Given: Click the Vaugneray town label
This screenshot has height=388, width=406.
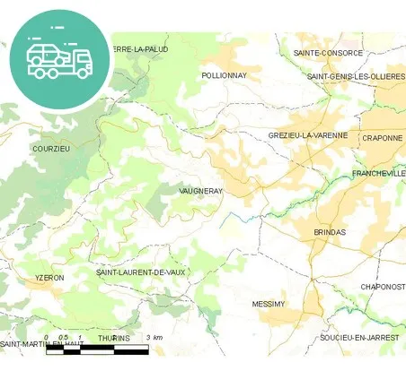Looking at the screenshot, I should [200, 191].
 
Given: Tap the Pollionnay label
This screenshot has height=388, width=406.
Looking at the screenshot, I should [224, 75].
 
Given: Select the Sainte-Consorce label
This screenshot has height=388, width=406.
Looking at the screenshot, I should [328, 53].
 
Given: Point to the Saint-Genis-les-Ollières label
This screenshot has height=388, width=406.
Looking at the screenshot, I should [356, 76].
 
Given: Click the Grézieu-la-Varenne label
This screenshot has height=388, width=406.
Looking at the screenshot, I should [307, 135].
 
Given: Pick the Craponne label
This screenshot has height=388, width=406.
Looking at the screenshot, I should [382, 138].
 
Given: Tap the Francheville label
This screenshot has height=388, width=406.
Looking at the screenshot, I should [378, 173].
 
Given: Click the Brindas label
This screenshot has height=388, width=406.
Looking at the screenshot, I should [329, 232].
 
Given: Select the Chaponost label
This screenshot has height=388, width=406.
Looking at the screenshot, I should [383, 287].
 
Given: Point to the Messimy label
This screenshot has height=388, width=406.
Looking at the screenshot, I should [268, 305].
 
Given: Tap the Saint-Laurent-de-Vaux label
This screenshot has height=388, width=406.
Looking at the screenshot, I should [140, 272].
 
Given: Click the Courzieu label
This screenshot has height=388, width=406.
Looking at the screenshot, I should [50, 149].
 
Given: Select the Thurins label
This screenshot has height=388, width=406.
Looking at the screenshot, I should [113, 338].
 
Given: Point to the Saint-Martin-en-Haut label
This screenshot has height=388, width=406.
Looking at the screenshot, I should [36, 343].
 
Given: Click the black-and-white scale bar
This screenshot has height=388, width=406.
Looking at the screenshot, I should [97, 349].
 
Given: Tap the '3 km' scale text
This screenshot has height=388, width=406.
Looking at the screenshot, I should [154, 338].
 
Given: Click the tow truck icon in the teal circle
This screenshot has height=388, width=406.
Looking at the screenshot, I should [59, 60].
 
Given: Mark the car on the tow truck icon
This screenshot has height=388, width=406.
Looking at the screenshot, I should [47, 53].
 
